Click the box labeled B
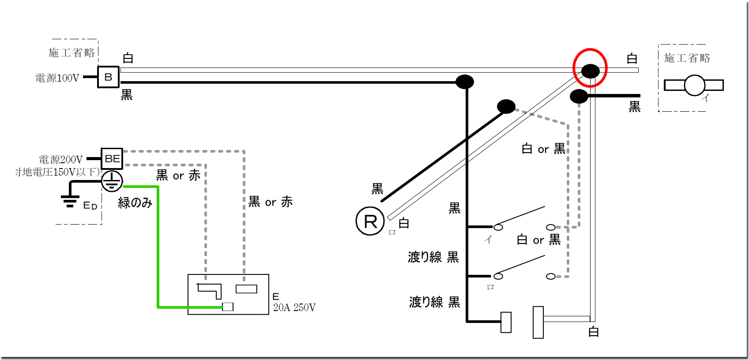108,77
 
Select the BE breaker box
112,158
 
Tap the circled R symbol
370,221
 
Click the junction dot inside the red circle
590,71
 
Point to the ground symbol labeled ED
70,201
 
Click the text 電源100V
57,78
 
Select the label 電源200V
61,159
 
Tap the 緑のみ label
135,202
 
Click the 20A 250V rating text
294,307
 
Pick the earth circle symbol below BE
112,181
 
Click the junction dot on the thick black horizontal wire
464,82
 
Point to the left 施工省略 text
72,53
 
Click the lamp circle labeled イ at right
695,85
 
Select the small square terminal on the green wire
228,307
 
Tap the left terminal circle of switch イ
498,227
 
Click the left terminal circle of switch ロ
498,276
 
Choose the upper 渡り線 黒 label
433,257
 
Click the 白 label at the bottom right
594,332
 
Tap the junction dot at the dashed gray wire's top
506,106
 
